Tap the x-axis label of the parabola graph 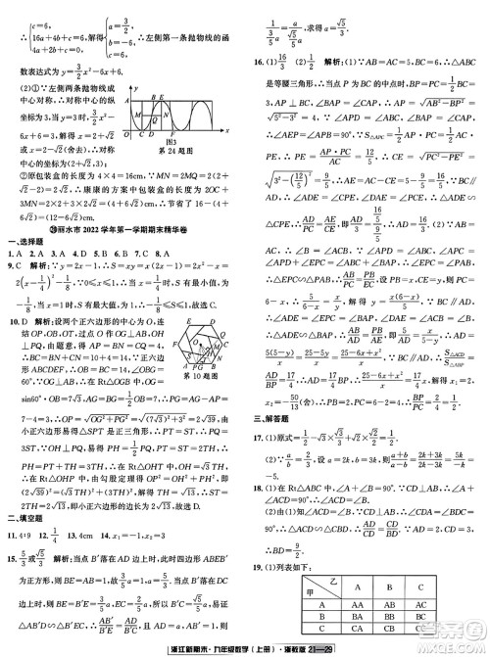[x=227, y=129]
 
